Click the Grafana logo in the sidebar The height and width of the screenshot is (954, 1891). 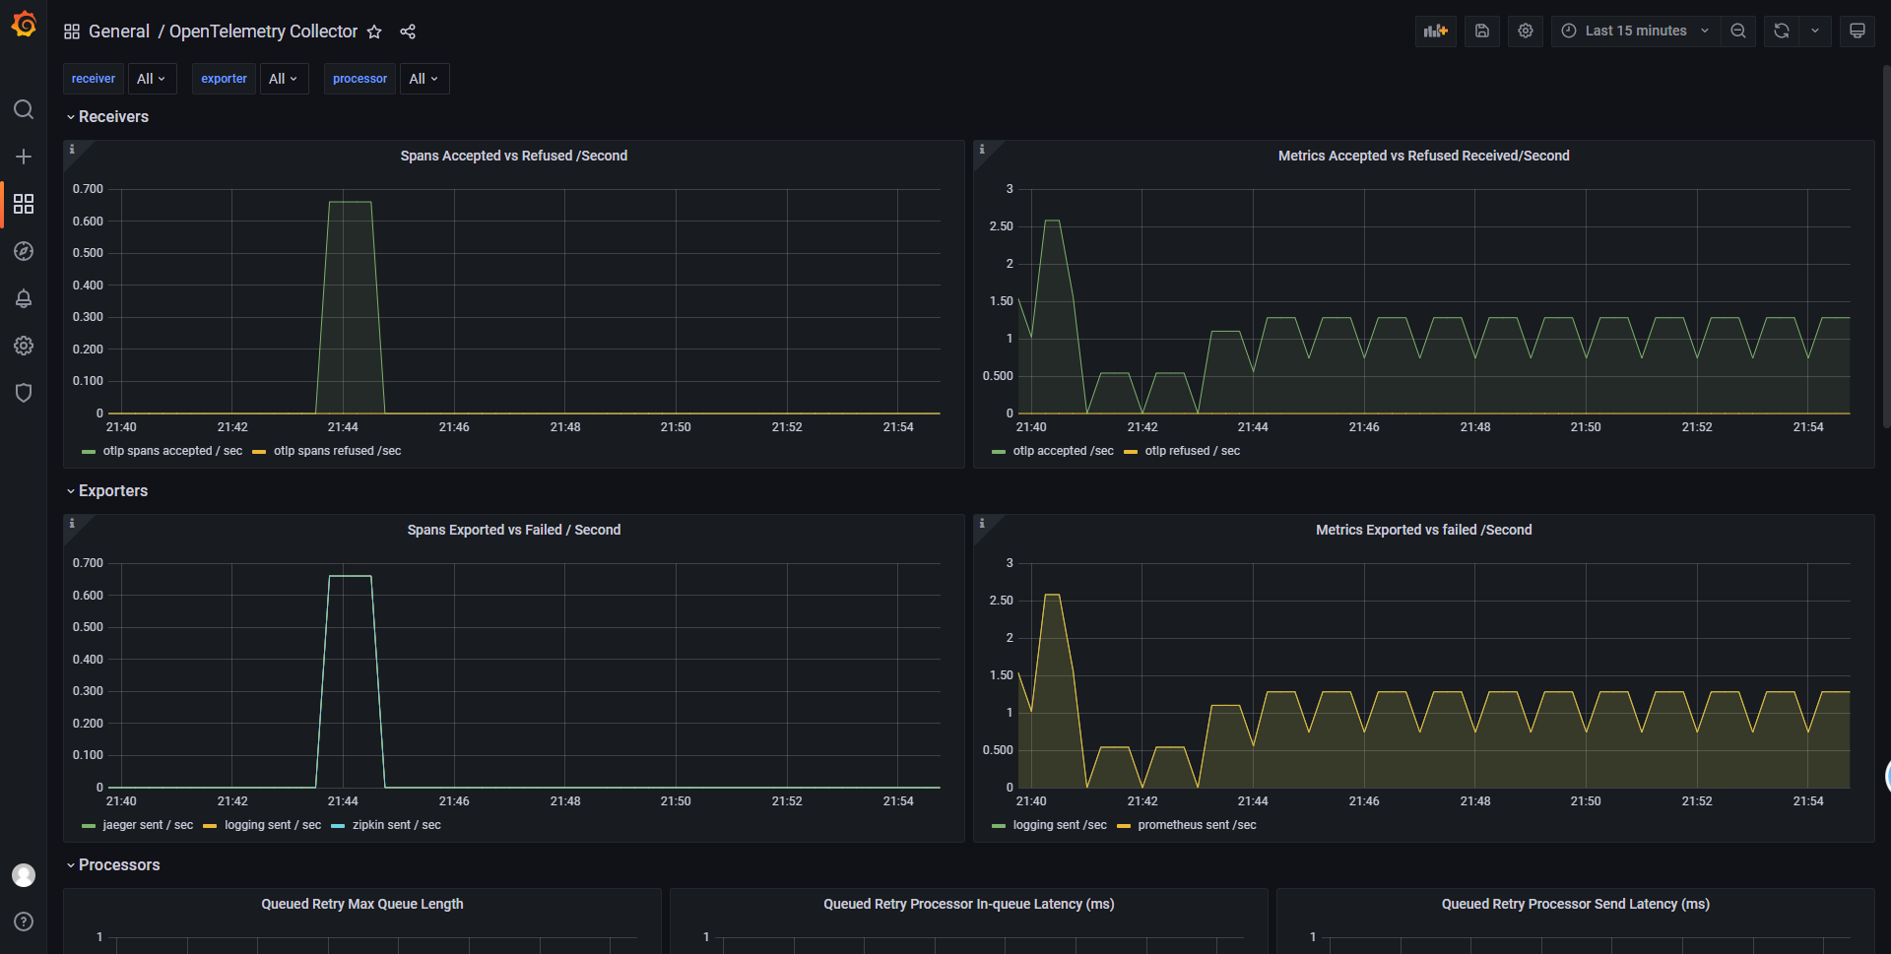(24, 25)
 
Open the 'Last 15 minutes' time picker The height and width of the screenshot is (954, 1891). (1636, 32)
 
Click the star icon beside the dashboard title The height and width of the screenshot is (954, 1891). (374, 32)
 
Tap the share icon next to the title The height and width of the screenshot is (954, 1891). (408, 32)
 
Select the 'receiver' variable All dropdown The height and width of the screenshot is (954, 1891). (152, 79)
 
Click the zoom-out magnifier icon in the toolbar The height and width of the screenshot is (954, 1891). (1738, 32)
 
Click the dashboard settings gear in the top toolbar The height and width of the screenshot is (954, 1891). (1526, 32)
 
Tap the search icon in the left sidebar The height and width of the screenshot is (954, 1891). (24, 109)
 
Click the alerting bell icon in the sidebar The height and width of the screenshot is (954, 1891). (24, 298)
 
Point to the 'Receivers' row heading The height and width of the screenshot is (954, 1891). (113, 117)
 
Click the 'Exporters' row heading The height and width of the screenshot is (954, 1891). (113, 491)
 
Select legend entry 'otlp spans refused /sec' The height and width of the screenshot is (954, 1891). (337, 451)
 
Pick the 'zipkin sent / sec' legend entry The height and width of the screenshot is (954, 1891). (396, 825)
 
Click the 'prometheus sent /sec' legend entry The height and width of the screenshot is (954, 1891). (1197, 825)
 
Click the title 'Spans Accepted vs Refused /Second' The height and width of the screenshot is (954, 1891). (513, 156)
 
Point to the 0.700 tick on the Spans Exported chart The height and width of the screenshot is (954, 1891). (88, 563)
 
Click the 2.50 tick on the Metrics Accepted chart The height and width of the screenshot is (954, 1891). (1001, 226)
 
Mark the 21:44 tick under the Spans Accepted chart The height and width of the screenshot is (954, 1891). (343, 427)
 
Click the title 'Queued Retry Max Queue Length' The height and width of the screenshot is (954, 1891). (361, 904)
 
